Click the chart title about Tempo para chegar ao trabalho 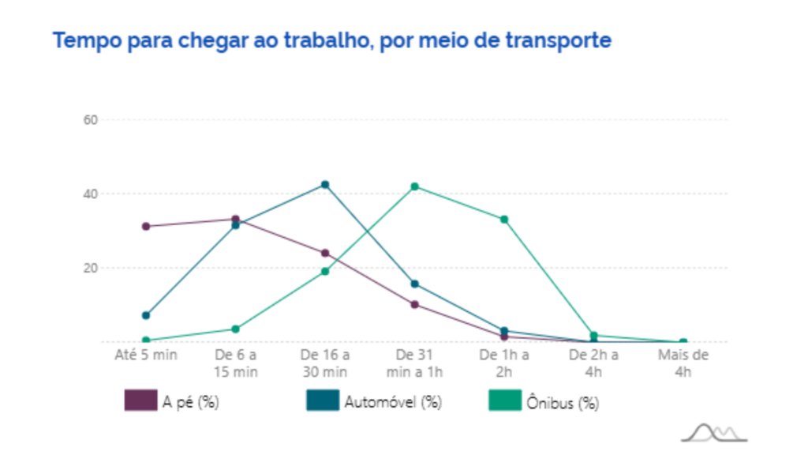click(331, 40)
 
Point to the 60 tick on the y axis click(91, 120)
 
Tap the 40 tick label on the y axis click(91, 194)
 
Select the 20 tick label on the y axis click(91, 268)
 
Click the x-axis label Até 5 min click(146, 355)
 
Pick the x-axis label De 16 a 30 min click(324, 363)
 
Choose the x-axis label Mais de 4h click(683, 363)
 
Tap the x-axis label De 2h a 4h click(593, 363)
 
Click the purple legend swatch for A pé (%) click(140, 401)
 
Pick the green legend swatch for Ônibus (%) click(504, 401)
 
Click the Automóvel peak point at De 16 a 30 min click(324, 185)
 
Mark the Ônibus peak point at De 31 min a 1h click(414, 186)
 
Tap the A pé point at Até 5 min click(146, 227)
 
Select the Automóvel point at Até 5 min click(146, 315)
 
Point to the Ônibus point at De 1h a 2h click(504, 220)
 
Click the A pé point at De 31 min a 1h click(414, 304)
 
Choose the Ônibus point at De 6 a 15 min click(235, 329)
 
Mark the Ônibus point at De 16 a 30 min click(324, 271)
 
